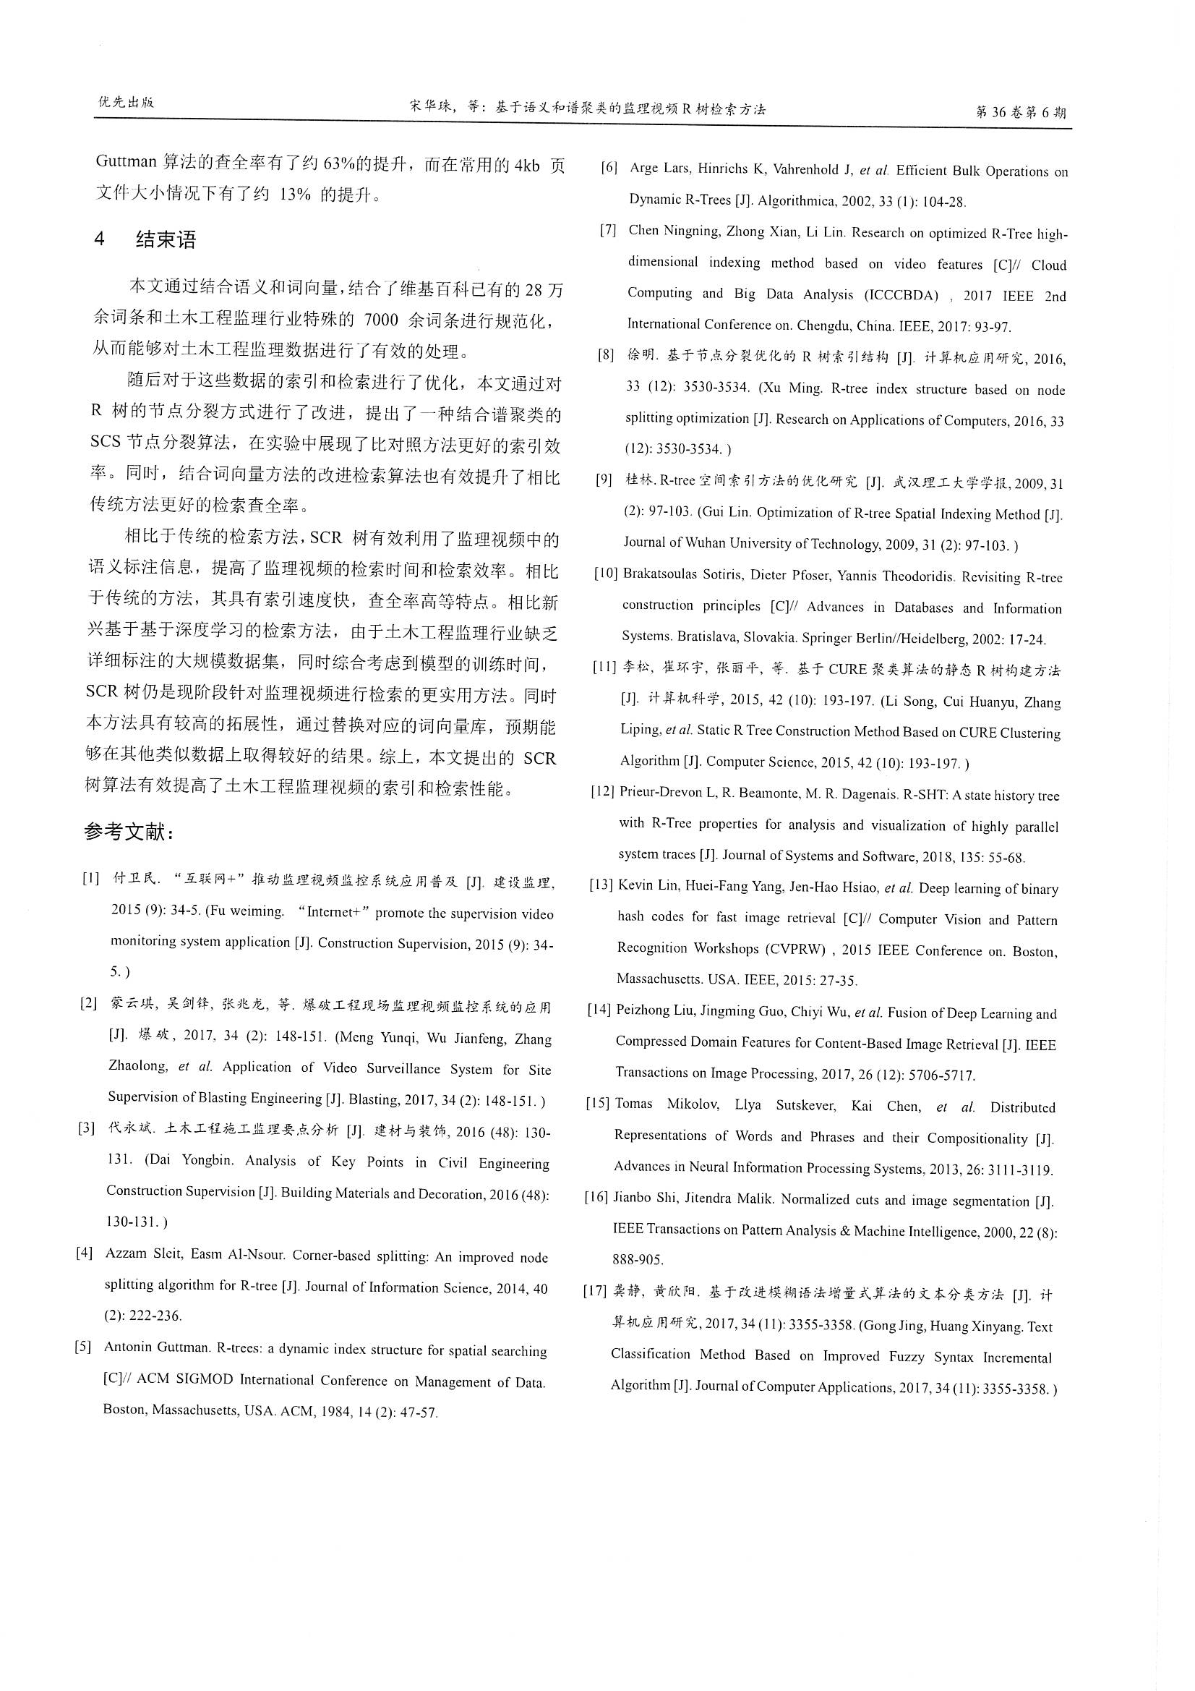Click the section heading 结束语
coord(166,240)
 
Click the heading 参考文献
coord(129,833)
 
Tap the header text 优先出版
coord(126,103)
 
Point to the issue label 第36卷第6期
coord(1020,113)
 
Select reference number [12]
coord(602,792)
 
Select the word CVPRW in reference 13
coord(795,949)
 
